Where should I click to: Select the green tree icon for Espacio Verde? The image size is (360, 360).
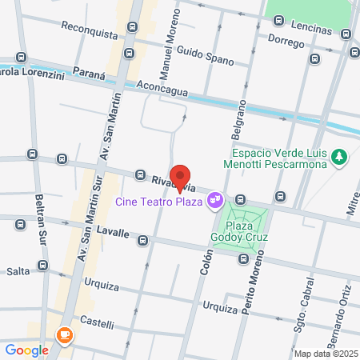[x=340, y=157]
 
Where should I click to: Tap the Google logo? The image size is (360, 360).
[x=27, y=350]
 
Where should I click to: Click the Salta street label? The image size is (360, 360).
[x=18, y=271]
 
